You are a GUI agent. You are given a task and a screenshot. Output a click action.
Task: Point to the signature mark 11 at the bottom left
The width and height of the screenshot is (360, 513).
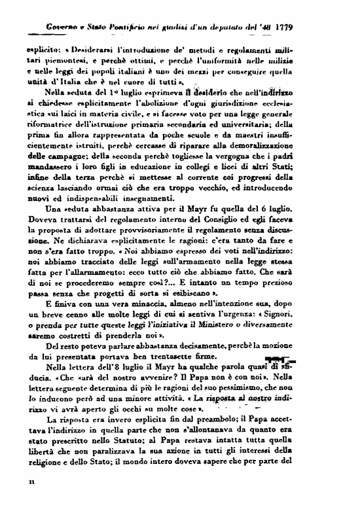point(31,500)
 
